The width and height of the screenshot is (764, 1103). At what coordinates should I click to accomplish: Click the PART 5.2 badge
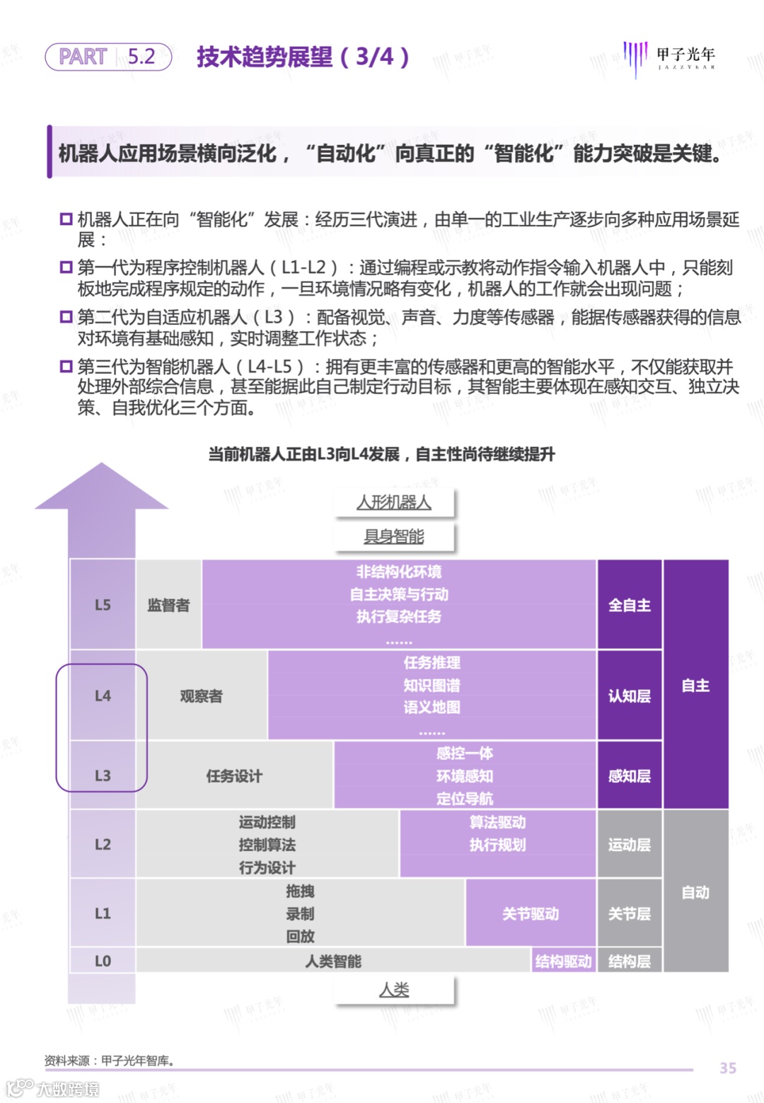[x=108, y=57]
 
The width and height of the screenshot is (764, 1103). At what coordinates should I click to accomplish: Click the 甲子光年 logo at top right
[x=669, y=57]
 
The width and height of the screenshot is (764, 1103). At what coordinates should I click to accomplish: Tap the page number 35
[x=728, y=1068]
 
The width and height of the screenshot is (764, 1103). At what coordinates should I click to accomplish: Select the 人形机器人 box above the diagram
[x=394, y=502]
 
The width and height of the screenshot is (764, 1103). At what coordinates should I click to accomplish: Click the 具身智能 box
[x=394, y=537]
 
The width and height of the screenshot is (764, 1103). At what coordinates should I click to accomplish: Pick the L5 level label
[x=103, y=605]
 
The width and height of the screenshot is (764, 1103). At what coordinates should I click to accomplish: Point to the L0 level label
[x=103, y=961]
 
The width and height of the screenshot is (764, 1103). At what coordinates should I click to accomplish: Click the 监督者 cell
[x=168, y=605]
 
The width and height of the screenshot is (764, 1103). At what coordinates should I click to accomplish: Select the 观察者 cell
[x=201, y=696]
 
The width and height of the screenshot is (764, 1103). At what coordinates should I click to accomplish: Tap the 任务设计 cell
[x=234, y=776]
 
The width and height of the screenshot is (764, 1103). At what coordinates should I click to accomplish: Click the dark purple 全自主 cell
[x=630, y=605]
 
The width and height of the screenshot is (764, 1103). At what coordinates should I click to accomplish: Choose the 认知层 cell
[x=630, y=696]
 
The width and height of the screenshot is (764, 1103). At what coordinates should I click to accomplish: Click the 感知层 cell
[x=630, y=776]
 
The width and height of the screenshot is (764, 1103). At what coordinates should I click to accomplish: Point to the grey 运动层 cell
[x=630, y=845]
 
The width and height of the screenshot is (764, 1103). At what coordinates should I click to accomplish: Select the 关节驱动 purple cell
[x=531, y=914]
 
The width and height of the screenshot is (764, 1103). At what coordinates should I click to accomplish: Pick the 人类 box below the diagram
[x=394, y=990]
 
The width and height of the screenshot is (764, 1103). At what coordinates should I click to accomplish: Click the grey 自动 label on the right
[x=695, y=893]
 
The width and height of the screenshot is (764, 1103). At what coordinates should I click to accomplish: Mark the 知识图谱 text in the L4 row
[x=432, y=685]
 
